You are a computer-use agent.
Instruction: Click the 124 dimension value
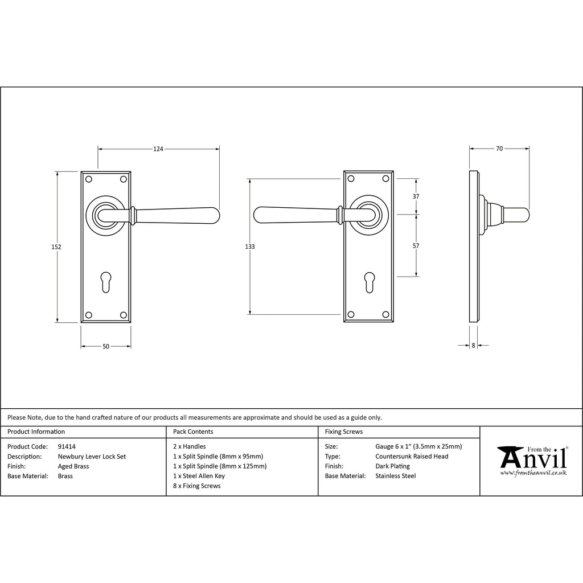tap(158, 149)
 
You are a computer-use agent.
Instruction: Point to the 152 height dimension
tap(56, 247)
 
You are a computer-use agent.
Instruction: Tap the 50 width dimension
tap(106, 347)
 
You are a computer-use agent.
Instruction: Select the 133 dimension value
tap(250, 247)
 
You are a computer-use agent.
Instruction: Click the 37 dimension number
tap(416, 196)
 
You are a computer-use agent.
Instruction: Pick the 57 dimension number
tap(416, 246)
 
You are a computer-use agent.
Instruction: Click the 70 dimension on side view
tap(499, 149)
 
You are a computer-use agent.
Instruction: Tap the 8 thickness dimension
tap(473, 346)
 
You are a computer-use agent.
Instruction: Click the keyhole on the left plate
tap(106, 282)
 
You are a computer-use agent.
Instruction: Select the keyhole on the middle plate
tap(369, 282)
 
